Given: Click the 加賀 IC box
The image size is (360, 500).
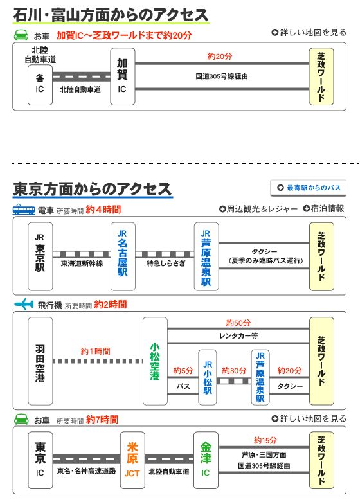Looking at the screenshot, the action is tap(122, 76).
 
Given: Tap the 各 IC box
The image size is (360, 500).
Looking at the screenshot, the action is tap(40, 85).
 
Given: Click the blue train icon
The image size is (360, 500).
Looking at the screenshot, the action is tap(24, 209).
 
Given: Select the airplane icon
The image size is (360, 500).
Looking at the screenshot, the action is tap(24, 304).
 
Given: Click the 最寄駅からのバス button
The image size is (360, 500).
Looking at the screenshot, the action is tap(308, 188).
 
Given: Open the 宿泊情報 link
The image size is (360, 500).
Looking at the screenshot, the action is tap(323, 208).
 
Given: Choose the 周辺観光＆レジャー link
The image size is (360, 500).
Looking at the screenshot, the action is tap(258, 209).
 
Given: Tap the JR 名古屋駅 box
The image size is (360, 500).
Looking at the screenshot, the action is tap(123, 256).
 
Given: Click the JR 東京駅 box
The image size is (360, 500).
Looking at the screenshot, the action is tap(40, 256).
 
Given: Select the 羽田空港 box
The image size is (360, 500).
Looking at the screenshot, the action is tap(40, 361).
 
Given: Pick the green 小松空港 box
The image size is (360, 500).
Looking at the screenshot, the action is tap(155, 361).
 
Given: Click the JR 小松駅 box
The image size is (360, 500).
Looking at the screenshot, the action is tap(207, 377).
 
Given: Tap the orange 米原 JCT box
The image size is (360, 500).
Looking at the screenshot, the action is tap(132, 460).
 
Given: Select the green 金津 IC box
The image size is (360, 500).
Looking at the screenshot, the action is tap(206, 460).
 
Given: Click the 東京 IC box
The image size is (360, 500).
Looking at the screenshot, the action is tap(40, 460).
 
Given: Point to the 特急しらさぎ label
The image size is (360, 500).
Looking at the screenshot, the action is tap(165, 263).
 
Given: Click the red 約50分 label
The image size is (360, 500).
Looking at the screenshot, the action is tap(239, 323).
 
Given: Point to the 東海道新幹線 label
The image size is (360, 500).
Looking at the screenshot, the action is tap(82, 263).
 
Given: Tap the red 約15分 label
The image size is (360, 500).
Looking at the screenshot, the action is tap(265, 440).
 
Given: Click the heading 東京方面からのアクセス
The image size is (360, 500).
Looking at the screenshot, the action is tap(93, 189).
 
